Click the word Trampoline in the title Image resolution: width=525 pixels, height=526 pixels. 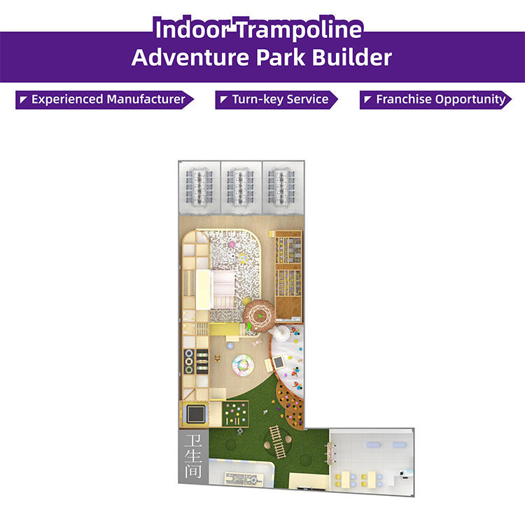click(x=300, y=30)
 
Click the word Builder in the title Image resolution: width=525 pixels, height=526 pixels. click(x=351, y=57)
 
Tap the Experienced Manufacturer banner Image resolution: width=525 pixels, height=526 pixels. click(x=104, y=99)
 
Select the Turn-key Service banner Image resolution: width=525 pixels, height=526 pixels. click(x=276, y=99)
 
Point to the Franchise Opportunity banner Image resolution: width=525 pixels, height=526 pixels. click(x=435, y=99)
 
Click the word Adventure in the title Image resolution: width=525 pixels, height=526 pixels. click(x=190, y=57)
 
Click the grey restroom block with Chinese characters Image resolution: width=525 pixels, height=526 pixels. click(x=193, y=456)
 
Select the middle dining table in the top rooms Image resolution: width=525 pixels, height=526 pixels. click(x=239, y=188)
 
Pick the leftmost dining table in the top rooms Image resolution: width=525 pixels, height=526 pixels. click(x=199, y=188)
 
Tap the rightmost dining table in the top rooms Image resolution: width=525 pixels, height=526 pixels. click(x=281, y=188)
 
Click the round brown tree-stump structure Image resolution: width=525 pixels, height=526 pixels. click(x=259, y=316)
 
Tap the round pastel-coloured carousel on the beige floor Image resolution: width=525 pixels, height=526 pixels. click(x=243, y=366)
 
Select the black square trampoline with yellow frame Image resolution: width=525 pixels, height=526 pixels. click(x=196, y=415)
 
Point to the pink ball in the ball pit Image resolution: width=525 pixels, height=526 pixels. click(x=231, y=244)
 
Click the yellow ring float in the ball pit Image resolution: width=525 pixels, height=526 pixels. click(x=243, y=258)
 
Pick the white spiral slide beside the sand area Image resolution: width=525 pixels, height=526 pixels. click(x=280, y=333)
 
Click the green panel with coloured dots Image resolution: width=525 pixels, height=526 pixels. click(x=235, y=414)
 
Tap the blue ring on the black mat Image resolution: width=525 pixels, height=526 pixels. click(x=189, y=353)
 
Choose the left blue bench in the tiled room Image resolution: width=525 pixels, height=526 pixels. click(x=373, y=445)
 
